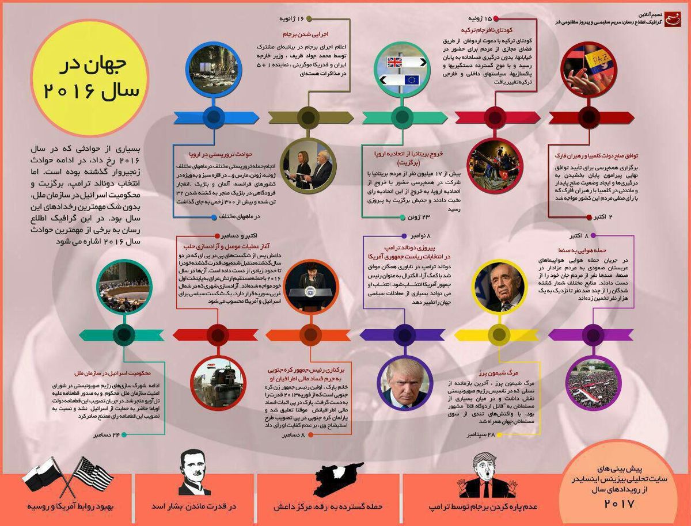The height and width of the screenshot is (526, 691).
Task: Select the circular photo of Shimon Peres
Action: tap(499, 287)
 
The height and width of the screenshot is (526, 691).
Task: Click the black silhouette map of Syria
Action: tap(337, 481)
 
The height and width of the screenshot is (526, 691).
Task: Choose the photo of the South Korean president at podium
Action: tap(311, 286)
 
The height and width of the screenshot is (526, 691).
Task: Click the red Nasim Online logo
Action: tap(671, 21)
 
